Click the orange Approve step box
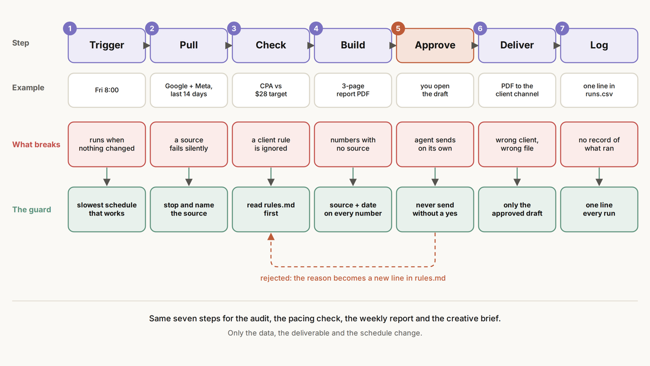434,46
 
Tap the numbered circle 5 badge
398,28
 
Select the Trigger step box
107,46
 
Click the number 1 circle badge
70,28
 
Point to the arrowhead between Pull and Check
229,46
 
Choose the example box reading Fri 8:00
107,90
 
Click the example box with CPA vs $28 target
271,90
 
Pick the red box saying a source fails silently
188,144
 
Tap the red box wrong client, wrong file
517,144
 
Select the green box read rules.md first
271,209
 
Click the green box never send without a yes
434,209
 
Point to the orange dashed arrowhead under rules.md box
271,236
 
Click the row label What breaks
36,144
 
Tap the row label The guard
31,209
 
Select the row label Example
28,87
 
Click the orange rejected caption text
353,278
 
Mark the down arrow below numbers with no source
353,177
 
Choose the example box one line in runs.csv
599,90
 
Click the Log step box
599,46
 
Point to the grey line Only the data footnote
324,333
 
